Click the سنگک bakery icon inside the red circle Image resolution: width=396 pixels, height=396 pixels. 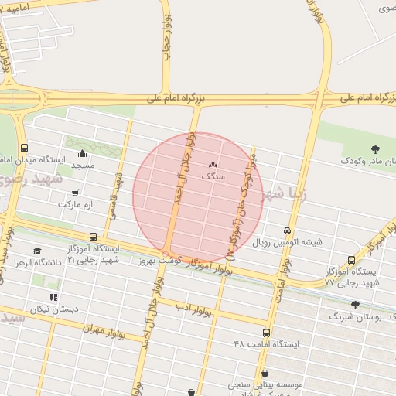pos(213,165)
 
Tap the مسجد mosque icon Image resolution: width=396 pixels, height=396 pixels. pos(83,153)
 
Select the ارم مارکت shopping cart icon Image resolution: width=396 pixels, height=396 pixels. pos(75,193)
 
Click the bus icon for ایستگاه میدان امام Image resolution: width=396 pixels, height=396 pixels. pos(25,148)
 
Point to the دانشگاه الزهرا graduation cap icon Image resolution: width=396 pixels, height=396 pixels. pos(37,251)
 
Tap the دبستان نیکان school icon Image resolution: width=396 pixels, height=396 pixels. pos(53,297)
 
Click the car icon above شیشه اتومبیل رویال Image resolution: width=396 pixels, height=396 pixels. pos(288,230)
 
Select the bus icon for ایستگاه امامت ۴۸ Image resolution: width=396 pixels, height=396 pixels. pos(267,332)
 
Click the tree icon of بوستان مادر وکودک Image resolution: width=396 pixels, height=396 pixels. pos(376,149)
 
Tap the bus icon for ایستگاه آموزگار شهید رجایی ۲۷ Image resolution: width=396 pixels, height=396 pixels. pos(352,260)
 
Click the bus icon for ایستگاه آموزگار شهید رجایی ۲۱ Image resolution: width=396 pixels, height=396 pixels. pos(94,237)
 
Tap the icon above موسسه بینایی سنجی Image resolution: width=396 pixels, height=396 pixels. pos(265,372)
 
